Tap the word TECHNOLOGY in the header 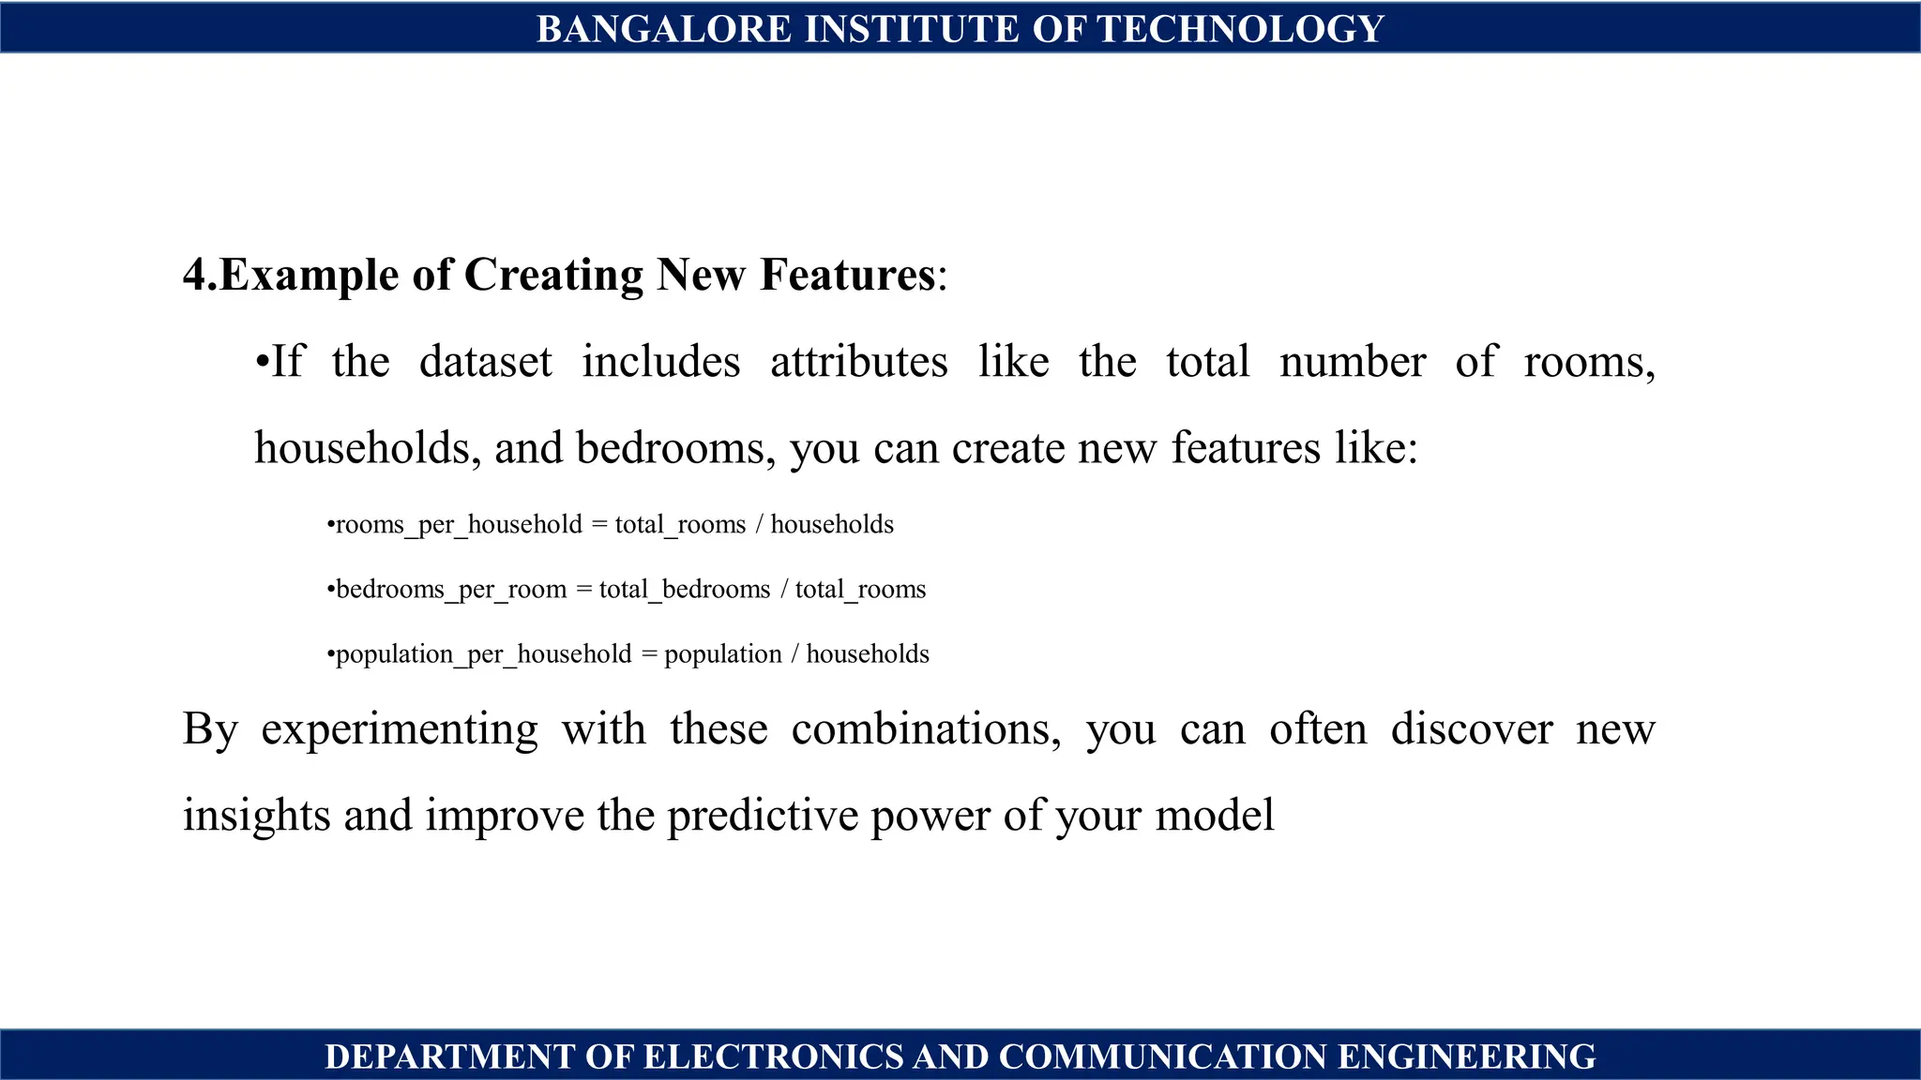pos(1240,29)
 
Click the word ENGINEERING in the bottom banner pos(1466,1057)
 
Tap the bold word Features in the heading pos(847,275)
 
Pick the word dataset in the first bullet pos(485,362)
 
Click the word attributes pos(858,362)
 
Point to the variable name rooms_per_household pos(459,524)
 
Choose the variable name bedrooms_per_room pos(451,589)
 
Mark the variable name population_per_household pos(483,653)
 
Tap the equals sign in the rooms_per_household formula pos(598,524)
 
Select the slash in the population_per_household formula pos(794,653)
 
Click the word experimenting pos(400,729)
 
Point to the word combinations pos(926,729)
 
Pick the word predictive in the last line pos(762,815)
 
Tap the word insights pos(256,815)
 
